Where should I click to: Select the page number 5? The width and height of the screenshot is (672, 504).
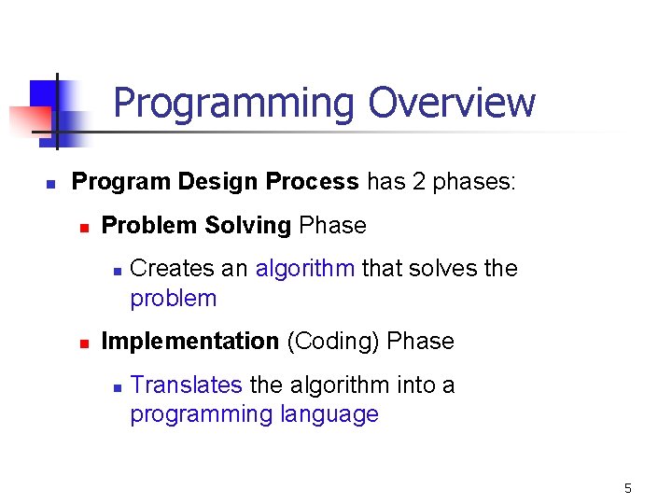click(x=628, y=488)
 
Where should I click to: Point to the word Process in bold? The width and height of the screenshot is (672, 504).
click(x=313, y=181)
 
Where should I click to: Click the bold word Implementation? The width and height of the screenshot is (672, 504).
click(x=189, y=342)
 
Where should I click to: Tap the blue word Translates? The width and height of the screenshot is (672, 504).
click(x=187, y=385)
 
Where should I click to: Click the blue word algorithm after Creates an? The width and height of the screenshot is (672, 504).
click(x=305, y=269)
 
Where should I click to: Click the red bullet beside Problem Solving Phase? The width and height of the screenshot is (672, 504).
click(x=82, y=227)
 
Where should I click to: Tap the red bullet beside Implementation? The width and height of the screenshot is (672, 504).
click(x=82, y=343)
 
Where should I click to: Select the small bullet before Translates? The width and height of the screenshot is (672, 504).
click(x=114, y=386)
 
